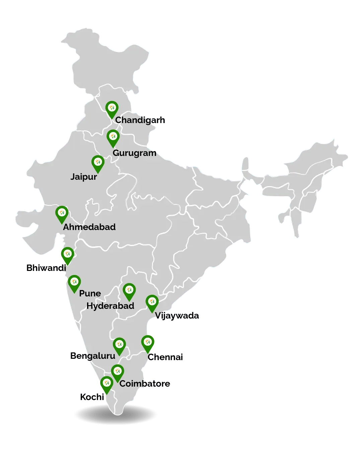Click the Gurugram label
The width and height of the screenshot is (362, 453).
click(x=134, y=153)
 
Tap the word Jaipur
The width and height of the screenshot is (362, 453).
click(x=84, y=177)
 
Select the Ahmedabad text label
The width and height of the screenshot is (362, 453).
click(x=89, y=227)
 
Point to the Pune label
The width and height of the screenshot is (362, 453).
click(x=90, y=293)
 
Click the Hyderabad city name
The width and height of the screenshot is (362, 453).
click(x=110, y=306)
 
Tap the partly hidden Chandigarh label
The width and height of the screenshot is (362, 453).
click(x=140, y=120)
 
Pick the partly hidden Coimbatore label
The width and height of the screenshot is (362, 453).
click(x=145, y=384)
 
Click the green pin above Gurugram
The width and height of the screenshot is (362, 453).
click(x=113, y=138)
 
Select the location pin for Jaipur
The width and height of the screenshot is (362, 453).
click(x=98, y=164)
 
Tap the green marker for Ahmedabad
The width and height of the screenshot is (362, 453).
click(x=62, y=214)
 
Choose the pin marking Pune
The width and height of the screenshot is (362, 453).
click(x=74, y=283)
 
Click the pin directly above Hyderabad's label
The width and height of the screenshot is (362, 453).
click(x=129, y=291)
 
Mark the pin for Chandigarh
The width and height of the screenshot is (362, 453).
click(x=112, y=109)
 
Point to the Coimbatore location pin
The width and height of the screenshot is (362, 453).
click(x=117, y=373)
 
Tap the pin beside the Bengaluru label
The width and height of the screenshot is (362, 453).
click(x=119, y=346)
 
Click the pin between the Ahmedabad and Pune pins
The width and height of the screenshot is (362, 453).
click(x=67, y=255)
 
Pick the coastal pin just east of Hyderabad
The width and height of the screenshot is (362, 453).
click(x=152, y=303)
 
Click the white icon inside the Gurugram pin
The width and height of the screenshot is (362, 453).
click(x=113, y=136)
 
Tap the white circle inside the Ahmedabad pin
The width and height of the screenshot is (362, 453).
click(x=62, y=212)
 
